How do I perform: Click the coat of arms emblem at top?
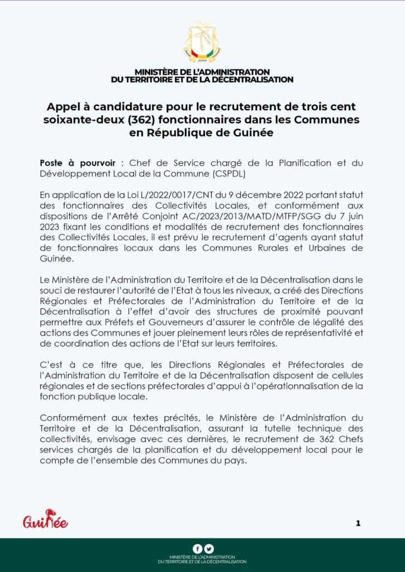pos(202,42)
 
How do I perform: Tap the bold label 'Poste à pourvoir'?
pos(78,163)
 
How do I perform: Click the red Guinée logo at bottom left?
pos(45,521)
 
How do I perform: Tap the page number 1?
pos(358,523)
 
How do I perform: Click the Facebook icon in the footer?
pos(197,549)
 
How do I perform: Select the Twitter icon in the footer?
pos(208,549)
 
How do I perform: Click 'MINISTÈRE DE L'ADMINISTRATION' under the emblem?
pos(202,72)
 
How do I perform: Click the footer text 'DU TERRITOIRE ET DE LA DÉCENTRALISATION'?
pos(202,561)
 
